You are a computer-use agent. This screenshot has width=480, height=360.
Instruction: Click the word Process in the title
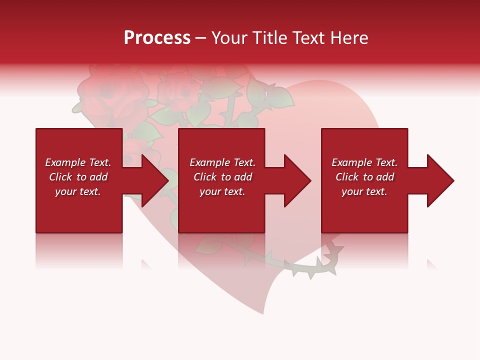[157, 38]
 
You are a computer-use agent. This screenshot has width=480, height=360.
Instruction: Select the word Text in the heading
[308, 38]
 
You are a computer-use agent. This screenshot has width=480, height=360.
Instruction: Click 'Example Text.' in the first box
[78, 162]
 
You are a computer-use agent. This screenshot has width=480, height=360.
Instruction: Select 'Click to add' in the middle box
[222, 177]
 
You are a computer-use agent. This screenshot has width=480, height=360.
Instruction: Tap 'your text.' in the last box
[364, 191]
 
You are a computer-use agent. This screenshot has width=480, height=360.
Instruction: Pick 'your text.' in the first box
[78, 191]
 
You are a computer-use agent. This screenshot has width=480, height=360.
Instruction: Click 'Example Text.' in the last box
[364, 162]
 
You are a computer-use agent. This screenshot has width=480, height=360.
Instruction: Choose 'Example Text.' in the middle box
[222, 162]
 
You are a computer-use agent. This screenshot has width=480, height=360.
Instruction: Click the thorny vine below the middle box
[280, 262]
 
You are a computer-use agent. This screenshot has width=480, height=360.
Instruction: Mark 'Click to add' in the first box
[78, 177]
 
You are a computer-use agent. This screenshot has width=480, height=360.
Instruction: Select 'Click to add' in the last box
[364, 177]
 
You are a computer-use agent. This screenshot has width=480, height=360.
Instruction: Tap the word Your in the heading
[229, 38]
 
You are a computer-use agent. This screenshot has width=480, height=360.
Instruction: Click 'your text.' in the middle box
[222, 191]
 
